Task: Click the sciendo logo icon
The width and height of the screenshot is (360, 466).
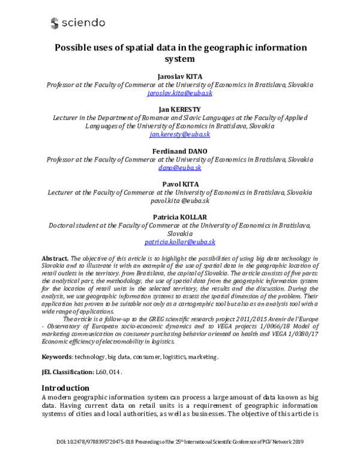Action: coord(55,23)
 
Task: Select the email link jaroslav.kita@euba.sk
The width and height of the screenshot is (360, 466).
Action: coord(179,95)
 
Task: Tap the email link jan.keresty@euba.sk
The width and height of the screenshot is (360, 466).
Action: coord(179,135)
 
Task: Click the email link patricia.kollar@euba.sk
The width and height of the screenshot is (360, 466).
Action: coord(179,241)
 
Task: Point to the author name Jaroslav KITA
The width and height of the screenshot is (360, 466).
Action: coord(179,76)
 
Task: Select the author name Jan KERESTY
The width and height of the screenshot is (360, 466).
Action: coord(179,108)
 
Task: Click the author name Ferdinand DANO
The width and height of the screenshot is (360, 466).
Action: coord(179,150)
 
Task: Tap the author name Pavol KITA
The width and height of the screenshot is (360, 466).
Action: coord(179,183)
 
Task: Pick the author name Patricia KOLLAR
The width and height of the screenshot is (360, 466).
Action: coord(179,216)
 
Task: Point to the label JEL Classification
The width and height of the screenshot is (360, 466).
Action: coord(68,372)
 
